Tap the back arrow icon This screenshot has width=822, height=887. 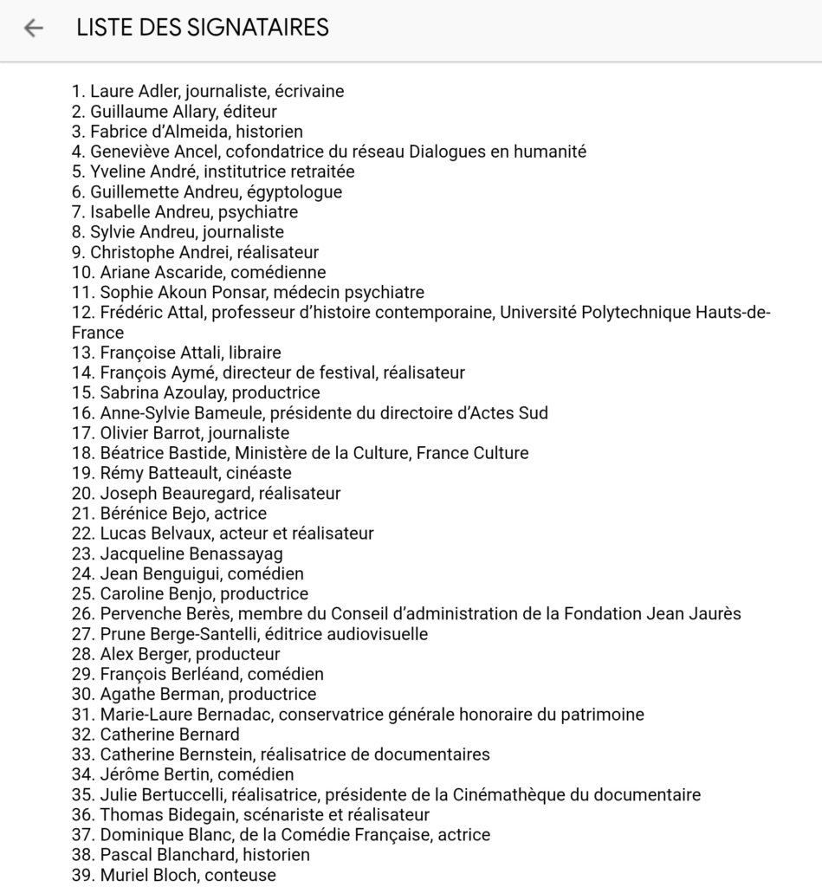click(33, 28)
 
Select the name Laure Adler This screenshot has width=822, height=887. click(131, 91)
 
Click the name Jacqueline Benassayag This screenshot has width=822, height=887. click(191, 554)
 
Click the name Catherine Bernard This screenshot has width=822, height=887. click(170, 735)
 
